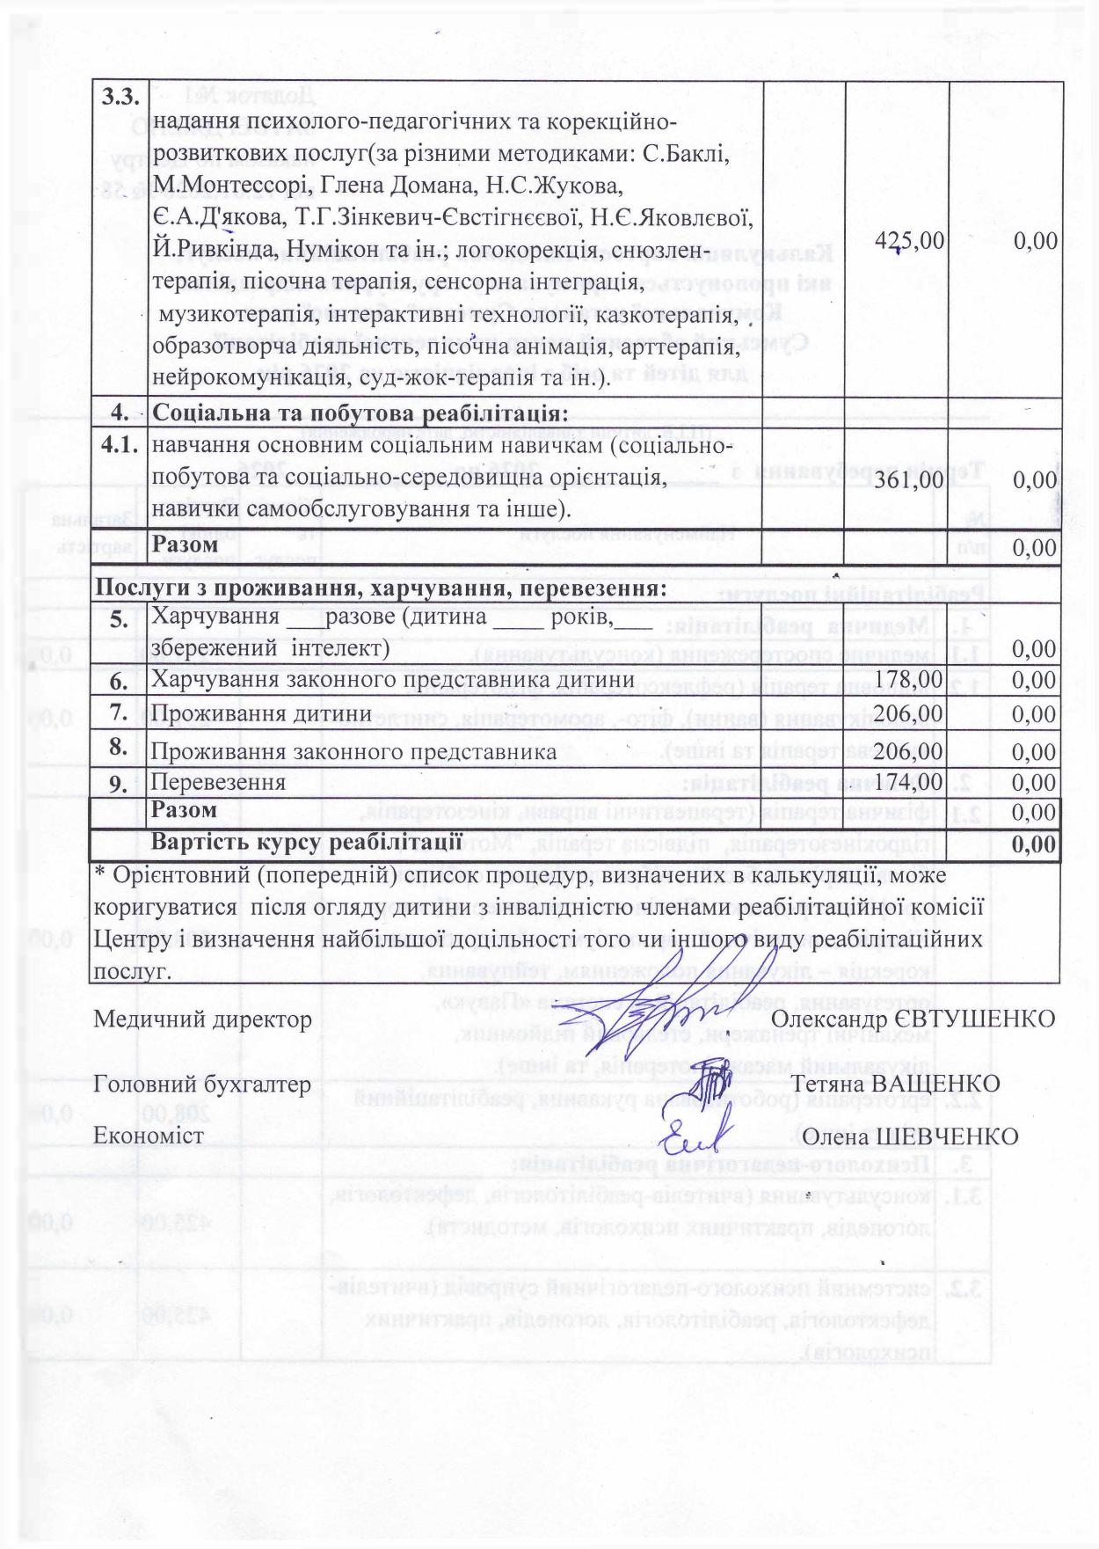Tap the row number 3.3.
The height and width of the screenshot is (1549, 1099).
[120, 98]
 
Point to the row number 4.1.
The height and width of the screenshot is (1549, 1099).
[120, 445]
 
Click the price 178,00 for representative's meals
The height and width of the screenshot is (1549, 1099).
[909, 679]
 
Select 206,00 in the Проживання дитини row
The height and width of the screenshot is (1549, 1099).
[909, 713]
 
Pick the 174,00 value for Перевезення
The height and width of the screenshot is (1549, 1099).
[909, 782]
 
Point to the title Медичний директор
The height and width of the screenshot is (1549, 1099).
[202, 1019]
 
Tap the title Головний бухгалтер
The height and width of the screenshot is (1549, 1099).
[201, 1084]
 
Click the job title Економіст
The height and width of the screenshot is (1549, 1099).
[149, 1136]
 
